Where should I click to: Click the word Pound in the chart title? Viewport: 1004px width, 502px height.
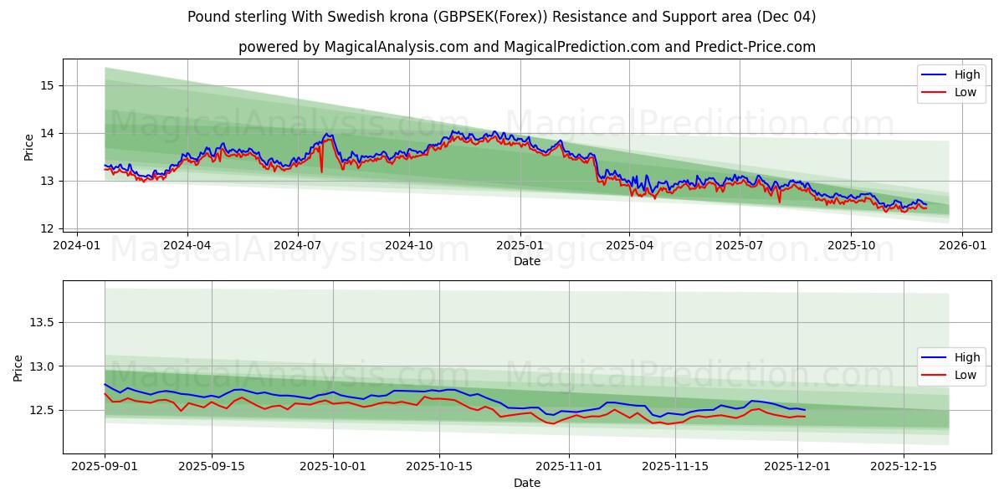209,17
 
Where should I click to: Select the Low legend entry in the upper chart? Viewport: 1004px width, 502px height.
965,92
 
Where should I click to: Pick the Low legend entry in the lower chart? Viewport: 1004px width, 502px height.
965,375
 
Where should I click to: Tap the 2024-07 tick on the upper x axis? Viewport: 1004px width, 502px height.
298,246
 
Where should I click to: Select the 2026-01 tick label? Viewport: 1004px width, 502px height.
961,246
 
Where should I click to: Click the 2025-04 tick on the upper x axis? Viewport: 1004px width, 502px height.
629,246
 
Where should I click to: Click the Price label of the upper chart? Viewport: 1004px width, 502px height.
29,147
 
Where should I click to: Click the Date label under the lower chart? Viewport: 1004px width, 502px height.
527,483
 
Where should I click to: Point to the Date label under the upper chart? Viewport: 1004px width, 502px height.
527,261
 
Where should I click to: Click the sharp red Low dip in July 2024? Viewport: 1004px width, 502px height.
321,172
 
